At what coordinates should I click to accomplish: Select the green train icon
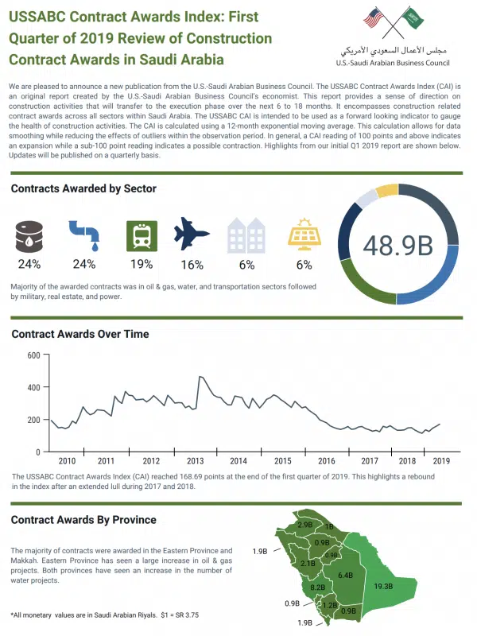pos(142,235)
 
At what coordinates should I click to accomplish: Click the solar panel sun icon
pos(304,235)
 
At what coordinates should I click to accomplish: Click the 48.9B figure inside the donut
pos(397,246)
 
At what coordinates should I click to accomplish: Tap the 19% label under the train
pos(142,264)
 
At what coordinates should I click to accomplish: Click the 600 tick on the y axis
pos(33,355)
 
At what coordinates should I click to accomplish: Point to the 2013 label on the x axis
pos(195,461)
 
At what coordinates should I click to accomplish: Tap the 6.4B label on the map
pos(345,575)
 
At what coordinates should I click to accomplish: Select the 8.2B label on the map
pos(319,586)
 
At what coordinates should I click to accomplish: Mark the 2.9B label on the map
pos(304,525)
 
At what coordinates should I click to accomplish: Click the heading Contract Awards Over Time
pos(79,334)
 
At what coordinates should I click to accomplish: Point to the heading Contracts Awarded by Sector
pos(83,188)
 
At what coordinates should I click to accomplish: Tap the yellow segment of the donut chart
pos(387,191)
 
